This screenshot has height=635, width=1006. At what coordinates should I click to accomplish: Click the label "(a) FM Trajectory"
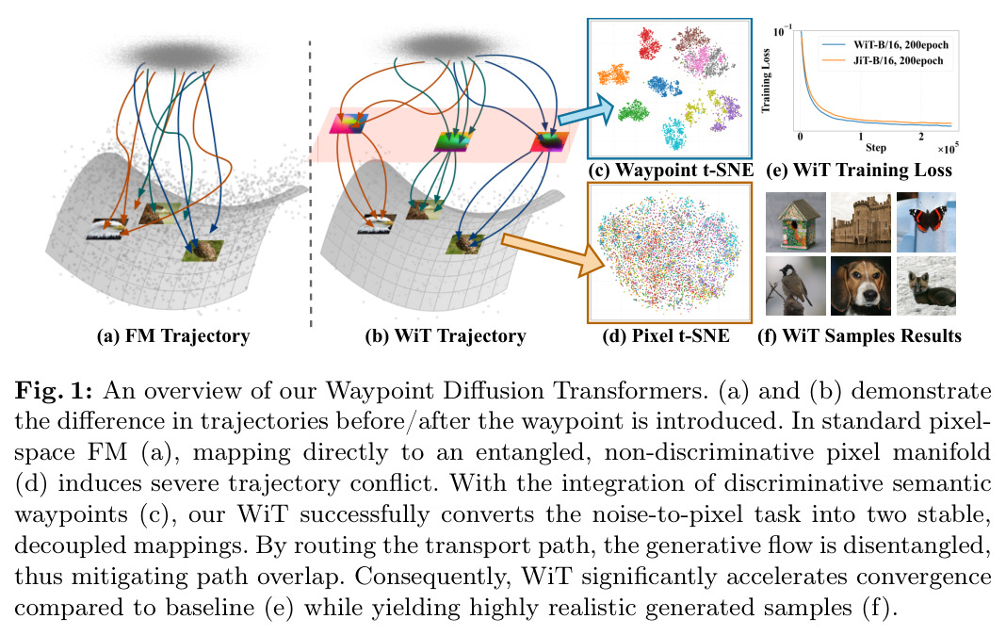click(x=172, y=336)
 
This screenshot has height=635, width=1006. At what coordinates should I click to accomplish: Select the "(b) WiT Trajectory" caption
click(x=446, y=336)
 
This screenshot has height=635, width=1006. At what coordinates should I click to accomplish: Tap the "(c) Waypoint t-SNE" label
click(x=671, y=171)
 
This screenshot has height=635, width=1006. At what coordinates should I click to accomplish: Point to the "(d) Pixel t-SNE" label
click(x=666, y=336)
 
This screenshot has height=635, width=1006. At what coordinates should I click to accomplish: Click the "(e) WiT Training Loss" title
click(x=859, y=171)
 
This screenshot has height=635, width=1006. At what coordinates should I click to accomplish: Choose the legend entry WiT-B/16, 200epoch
click(x=885, y=45)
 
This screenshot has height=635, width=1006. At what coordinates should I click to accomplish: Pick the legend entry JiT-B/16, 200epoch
click(x=884, y=61)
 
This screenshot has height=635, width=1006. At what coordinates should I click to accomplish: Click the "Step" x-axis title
click(x=876, y=148)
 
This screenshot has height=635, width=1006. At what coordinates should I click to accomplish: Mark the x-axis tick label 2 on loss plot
click(x=921, y=137)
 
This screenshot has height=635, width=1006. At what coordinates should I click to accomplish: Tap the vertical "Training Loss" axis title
click(x=766, y=81)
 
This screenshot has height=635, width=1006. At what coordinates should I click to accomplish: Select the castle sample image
click(x=861, y=222)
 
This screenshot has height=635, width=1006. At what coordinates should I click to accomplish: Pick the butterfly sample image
click(x=926, y=222)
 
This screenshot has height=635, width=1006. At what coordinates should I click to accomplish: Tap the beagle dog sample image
click(x=861, y=286)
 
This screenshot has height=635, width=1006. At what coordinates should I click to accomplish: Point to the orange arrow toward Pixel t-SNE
click(x=552, y=252)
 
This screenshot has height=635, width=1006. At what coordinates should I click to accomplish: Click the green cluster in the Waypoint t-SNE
click(x=634, y=111)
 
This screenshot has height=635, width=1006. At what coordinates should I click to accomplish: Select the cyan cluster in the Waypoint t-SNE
click(x=675, y=133)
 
